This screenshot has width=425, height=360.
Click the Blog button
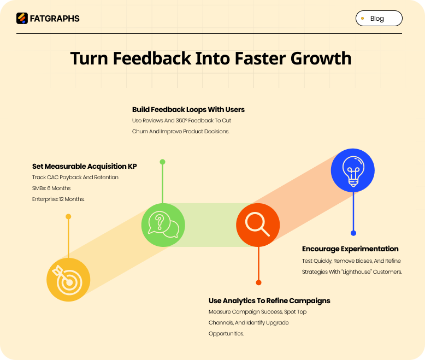click(x=379, y=19)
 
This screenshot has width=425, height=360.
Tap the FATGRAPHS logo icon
click(x=22, y=19)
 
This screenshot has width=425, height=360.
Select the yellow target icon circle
click(x=68, y=280)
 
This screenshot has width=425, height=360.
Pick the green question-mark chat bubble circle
click(x=163, y=225)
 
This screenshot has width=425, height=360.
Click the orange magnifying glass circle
click(x=258, y=225)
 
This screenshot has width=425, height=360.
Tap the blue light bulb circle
click(x=353, y=170)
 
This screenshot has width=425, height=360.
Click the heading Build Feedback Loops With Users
click(x=188, y=109)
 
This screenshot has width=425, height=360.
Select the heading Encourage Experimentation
click(x=350, y=249)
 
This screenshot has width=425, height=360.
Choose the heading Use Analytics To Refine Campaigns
click(x=269, y=300)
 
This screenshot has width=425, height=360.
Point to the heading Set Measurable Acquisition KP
click(x=84, y=166)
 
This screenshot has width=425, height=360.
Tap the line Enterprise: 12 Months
click(x=58, y=199)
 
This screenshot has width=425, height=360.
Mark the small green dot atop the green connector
click(x=162, y=162)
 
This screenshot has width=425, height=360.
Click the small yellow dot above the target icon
click(x=68, y=217)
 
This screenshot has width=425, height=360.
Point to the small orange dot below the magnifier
click(x=258, y=282)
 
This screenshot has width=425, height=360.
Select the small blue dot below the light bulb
click(x=353, y=233)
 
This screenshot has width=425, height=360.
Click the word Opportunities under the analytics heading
click(x=226, y=333)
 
